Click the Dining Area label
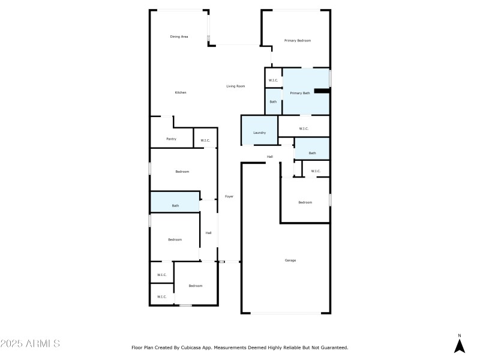tap(179, 37)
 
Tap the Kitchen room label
tap(181, 92)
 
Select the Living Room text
tap(235, 86)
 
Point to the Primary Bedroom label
tap(298, 40)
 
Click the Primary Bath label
tap(299, 93)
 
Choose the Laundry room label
tap(259, 133)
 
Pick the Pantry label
tap(171, 139)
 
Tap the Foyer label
tap(229, 197)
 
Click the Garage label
tap(290, 260)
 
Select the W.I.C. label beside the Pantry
tap(205, 141)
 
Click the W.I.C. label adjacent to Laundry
tap(303, 128)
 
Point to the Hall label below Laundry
tap(270, 157)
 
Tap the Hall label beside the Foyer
tap(208, 233)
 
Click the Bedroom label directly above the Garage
tap(305, 202)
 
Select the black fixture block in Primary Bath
tap(322, 91)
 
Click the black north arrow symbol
tap(459, 346)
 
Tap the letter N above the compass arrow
tap(459, 335)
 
